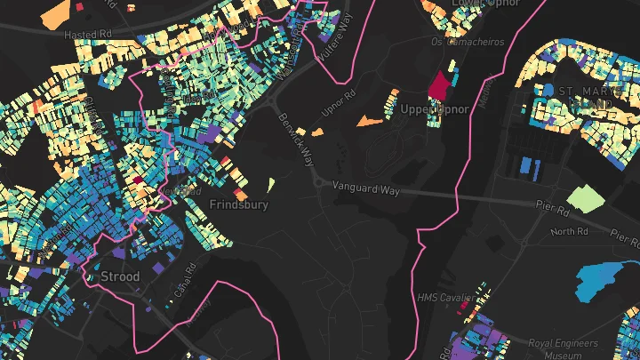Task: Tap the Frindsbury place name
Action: point(237,204)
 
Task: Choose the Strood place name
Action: point(119,276)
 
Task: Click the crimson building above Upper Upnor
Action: point(439,85)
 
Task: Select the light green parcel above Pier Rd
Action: point(585,197)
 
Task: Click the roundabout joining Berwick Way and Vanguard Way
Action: point(318,182)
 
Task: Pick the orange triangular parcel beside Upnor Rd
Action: point(367,119)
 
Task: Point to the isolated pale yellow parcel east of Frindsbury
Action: point(270,184)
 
